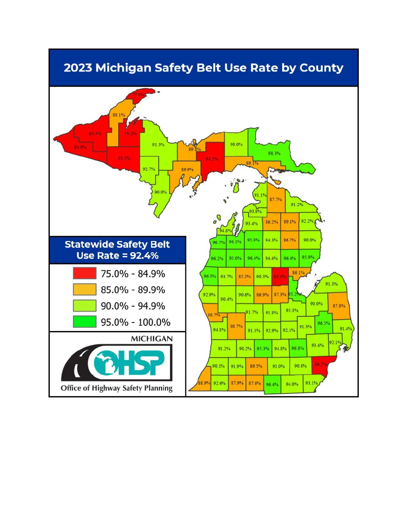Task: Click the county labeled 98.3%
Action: point(274,153)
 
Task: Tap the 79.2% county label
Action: point(130,134)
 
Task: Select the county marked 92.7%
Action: point(149,169)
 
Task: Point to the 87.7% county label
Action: point(275,199)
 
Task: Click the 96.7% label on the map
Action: point(218,243)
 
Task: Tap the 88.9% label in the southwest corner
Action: point(204,383)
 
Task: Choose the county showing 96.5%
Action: point(323,323)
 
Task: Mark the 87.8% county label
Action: point(339,306)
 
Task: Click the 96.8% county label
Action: point(297,348)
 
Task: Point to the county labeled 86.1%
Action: point(298,273)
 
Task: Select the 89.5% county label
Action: point(256,366)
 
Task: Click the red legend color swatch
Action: point(85,273)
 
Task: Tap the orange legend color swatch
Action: point(85,290)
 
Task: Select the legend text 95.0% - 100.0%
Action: point(135,322)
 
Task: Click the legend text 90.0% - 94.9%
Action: point(133,306)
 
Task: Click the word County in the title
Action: point(321,68)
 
